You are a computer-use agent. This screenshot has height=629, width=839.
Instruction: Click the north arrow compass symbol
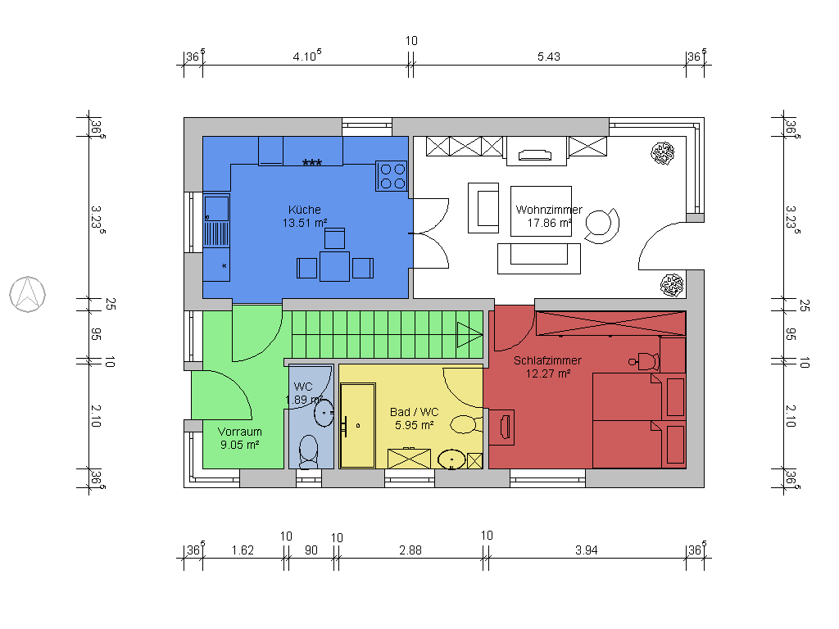pos(27,294)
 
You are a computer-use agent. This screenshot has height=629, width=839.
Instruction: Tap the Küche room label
pos(305,210)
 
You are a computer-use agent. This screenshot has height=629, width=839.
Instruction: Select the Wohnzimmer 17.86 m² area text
pos(549,222)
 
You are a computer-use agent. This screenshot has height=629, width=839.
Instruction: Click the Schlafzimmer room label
pos(547,360)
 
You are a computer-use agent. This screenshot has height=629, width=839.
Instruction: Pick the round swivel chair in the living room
pos(603,225)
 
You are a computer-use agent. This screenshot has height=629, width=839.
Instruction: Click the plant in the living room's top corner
pos(663,153)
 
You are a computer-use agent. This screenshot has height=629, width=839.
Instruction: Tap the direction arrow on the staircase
pos(469,333)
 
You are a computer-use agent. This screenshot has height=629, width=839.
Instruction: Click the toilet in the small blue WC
pos(309,450)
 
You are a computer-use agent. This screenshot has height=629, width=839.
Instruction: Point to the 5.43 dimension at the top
pos(547,57)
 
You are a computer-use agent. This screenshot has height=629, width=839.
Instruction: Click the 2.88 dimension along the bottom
pos(410,550)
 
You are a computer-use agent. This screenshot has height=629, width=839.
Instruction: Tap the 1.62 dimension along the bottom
pos(242,550)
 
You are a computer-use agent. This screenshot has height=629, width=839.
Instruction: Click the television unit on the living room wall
pos(537,153)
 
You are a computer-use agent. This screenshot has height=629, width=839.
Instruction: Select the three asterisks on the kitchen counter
pos(311,163)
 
